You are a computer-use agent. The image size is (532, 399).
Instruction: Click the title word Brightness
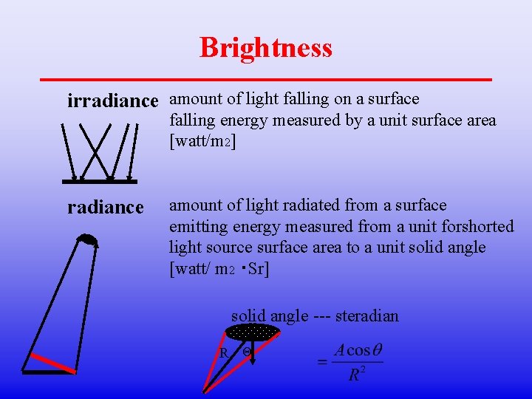[266, 47]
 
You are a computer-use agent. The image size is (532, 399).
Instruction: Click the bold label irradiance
[113, 100]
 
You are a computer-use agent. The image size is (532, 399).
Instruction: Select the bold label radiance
[106, 208]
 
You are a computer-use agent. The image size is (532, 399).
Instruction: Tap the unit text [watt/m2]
[203, 140]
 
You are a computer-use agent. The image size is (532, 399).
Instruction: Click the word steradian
[366, 316]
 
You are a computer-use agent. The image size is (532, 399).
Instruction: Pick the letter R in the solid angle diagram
[223, 353]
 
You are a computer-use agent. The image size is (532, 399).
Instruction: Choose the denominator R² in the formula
[355, 375]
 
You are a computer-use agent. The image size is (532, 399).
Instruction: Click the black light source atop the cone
[89, 239]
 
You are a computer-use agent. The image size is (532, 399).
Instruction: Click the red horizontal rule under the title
[266, 78]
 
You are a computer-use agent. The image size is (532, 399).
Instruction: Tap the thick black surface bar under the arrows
[100, 180]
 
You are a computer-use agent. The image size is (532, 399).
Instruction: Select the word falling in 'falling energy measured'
[191, 120]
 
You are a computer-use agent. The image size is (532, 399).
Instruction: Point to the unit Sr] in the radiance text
[259, 268]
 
